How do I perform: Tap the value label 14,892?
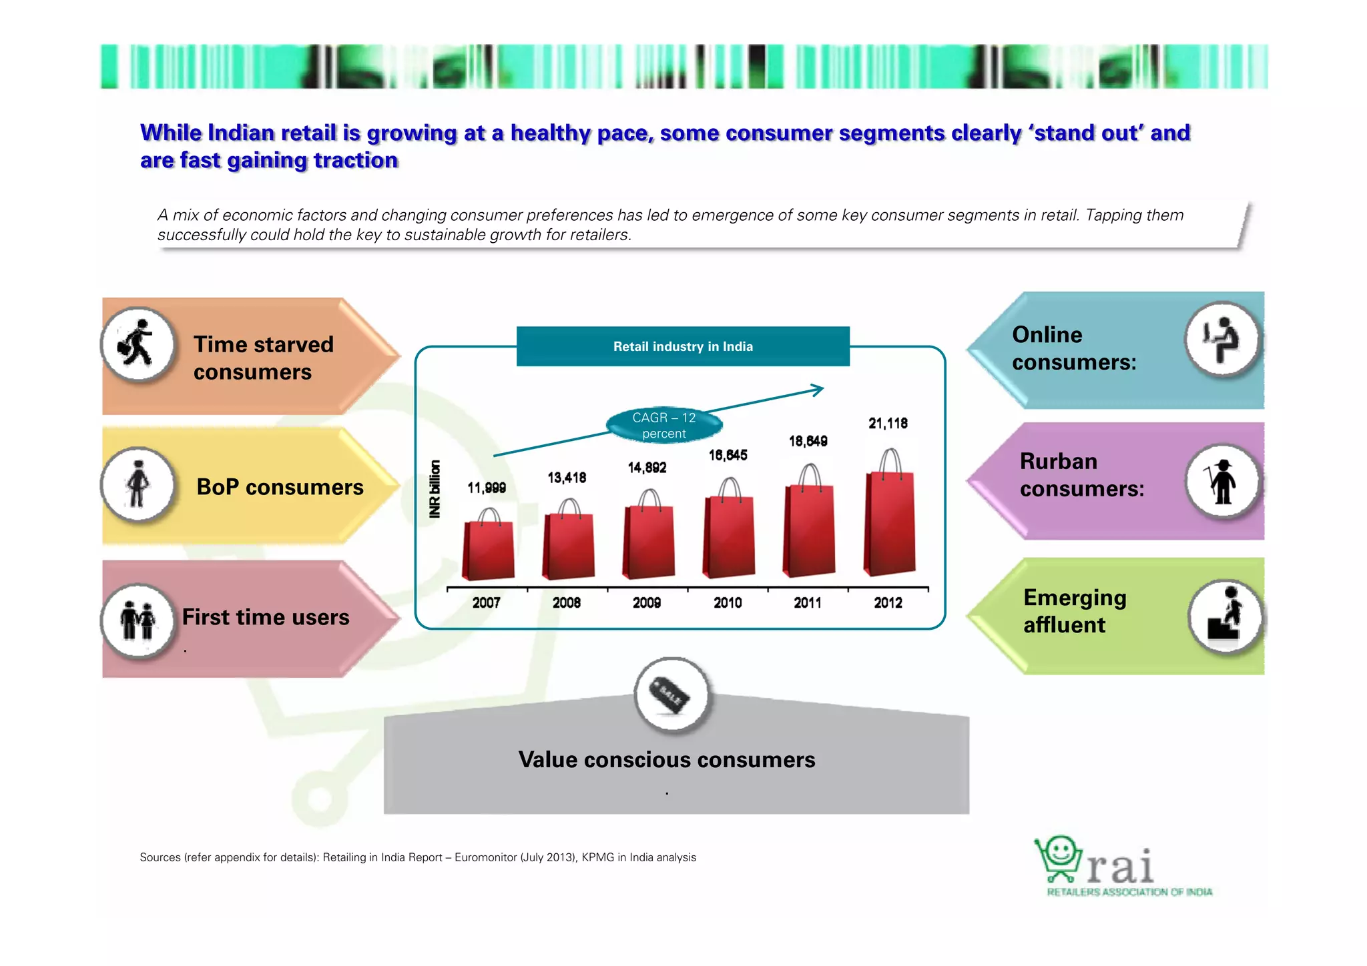(x=647, y=468)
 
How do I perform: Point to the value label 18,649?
(x=808, y=441)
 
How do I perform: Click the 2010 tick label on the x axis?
(x=728, y=603)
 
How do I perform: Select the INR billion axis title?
(x=435, y=489)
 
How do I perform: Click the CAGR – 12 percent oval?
(x=664, y=426)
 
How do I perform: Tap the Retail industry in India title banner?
(x=683, y=346)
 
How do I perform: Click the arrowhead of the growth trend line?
(x=818, y=390)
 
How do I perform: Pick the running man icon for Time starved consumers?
(x=138, y=344)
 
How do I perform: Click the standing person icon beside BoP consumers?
(x=138, y=484)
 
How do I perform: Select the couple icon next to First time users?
(x=138, y=620)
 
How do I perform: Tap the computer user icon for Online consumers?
(x=1222, y=340)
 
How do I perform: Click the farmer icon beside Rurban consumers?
(x=1222, y=481)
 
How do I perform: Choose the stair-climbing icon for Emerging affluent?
(x=1225, y=616)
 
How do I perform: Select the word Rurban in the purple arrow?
(x=1059, y=462)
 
